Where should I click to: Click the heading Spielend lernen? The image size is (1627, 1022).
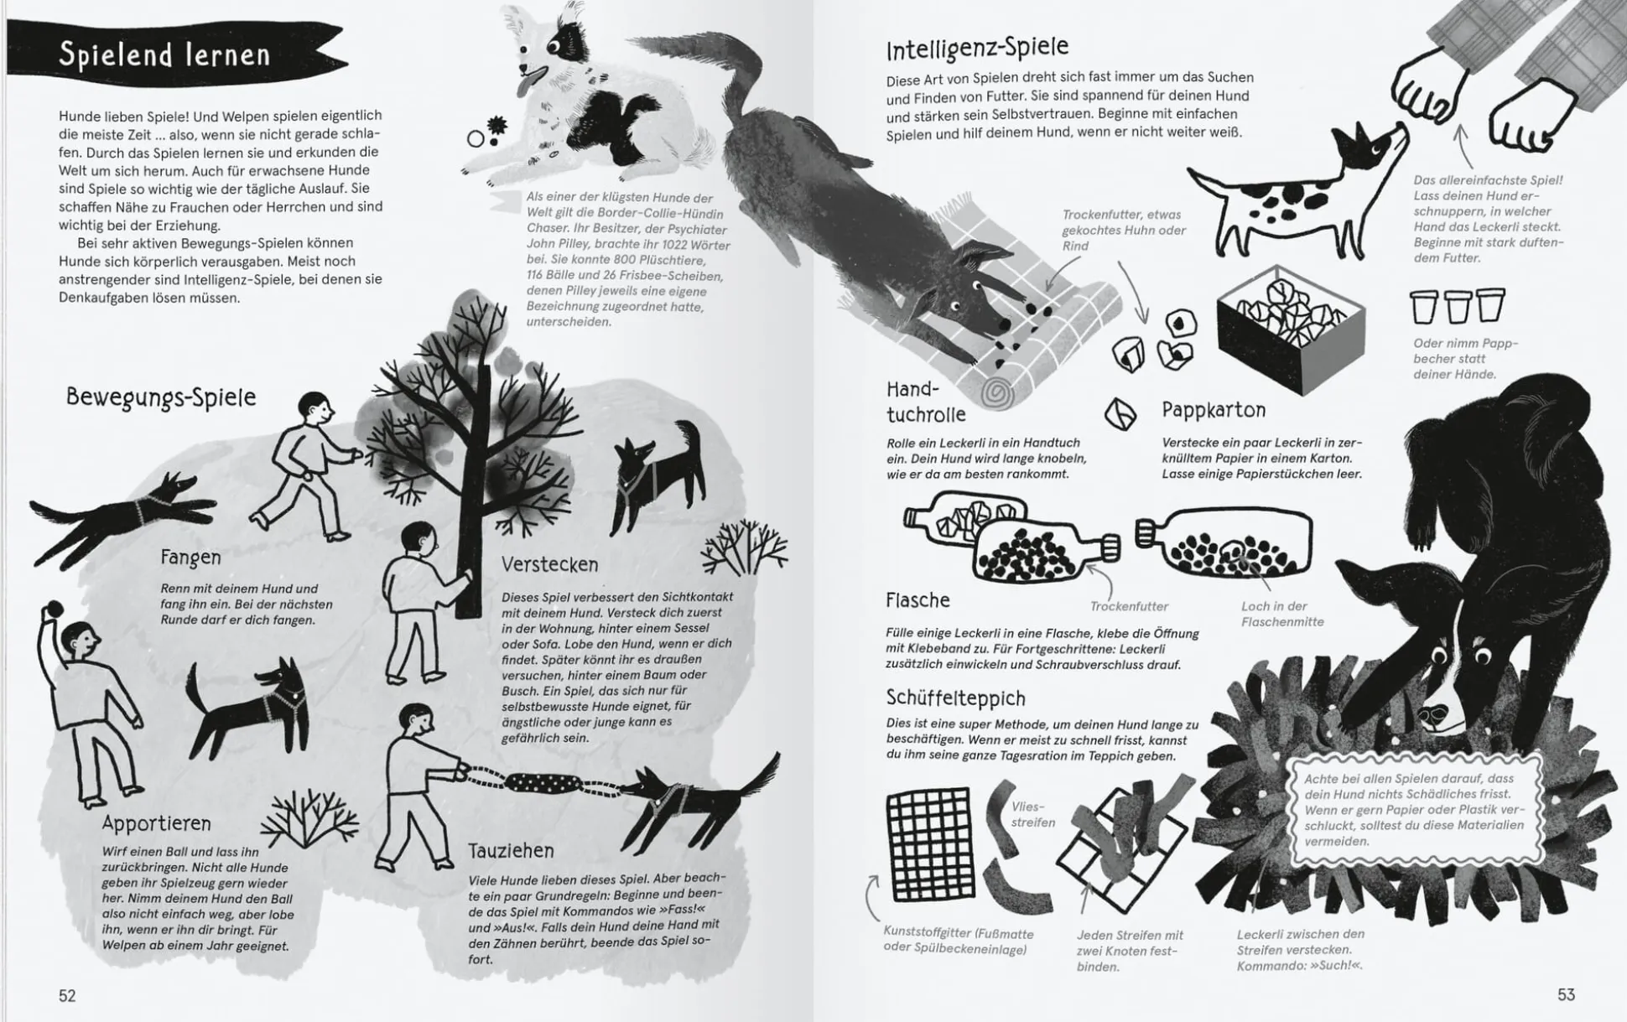(164, 54)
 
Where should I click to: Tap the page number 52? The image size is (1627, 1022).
(67, 995)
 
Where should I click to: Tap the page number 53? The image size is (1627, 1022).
(1566, 994)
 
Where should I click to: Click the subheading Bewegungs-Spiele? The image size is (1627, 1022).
(161, 397)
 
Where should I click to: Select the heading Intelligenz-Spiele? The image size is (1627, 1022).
(977, 48)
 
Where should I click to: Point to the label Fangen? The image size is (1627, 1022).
(190, 558)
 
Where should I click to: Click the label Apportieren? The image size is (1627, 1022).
(156, 823)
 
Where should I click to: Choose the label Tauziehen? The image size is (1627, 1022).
(511, 851)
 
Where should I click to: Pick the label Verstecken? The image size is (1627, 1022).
(549, 564)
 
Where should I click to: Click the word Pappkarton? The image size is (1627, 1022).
(1213, 410)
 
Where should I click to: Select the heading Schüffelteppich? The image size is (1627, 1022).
(955, 698)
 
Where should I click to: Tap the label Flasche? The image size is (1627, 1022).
(917, 600)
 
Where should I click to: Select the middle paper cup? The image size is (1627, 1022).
(1458, 307)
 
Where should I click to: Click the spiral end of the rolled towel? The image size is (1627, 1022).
(998, 392)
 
